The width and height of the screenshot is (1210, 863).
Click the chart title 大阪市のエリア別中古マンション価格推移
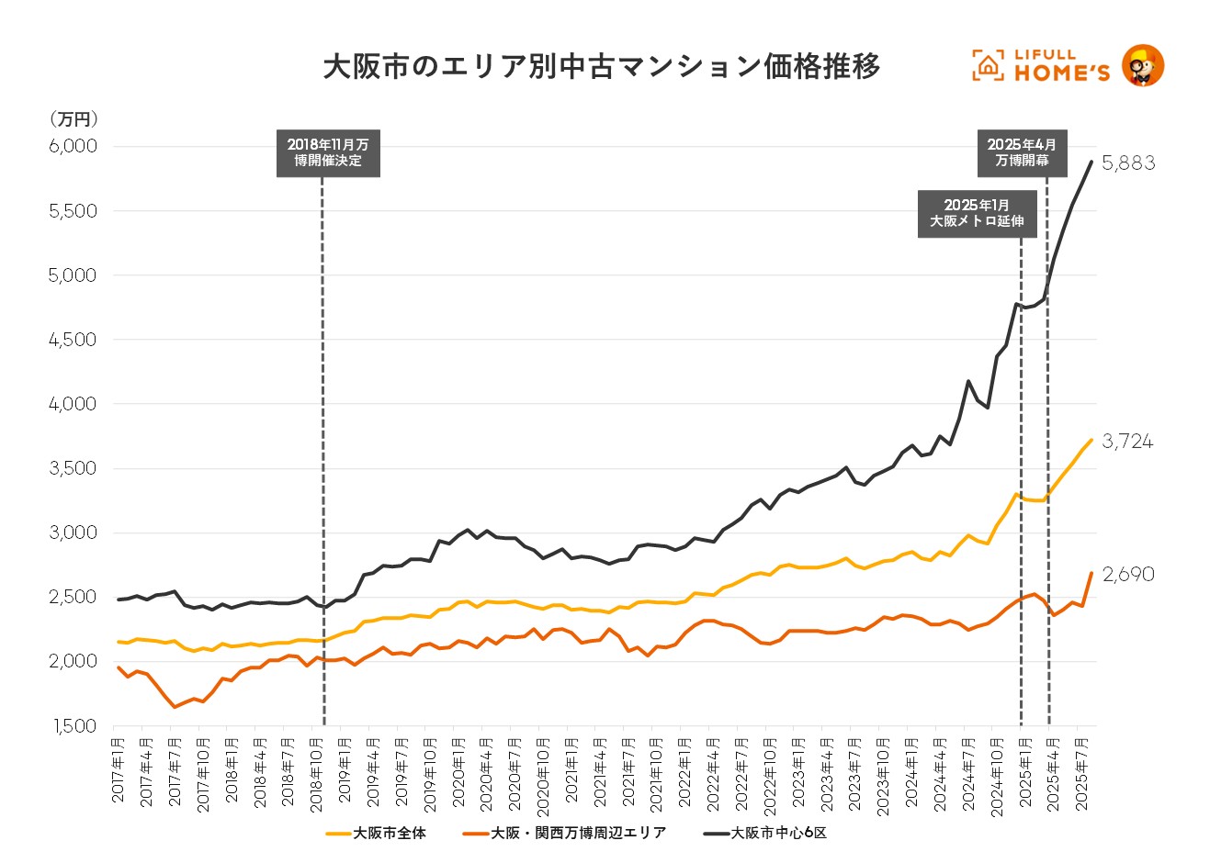[602, 67]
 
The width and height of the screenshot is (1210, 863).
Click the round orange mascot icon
[1143, 66]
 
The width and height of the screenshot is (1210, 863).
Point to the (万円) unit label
[74, 119]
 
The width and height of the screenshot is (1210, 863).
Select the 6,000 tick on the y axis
[73, 147]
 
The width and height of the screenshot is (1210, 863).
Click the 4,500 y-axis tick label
[73, 340]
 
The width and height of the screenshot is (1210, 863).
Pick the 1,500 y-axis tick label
[73, 726]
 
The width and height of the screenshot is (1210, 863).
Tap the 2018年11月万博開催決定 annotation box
[328, 153]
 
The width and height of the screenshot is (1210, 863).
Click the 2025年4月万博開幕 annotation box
[1022, 152]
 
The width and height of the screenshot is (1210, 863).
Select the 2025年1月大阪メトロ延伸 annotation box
[977, 213]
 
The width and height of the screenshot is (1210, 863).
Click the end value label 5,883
[1128, 163]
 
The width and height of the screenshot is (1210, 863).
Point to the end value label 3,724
[1127, 442]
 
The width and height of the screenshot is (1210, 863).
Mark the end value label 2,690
[1128, 575]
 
